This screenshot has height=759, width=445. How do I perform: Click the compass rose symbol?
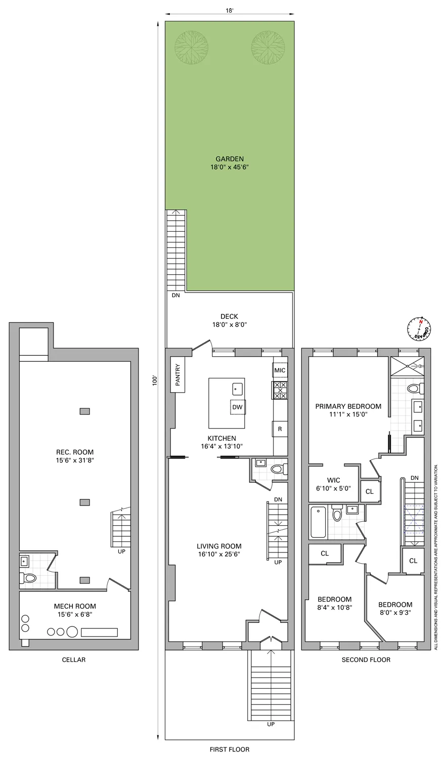(x=419, y=328)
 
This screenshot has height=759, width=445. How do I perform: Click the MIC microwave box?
(x=280, y=370)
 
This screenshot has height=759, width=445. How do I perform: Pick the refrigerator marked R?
(x=280, y=430)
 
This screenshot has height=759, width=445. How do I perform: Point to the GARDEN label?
(x=230, y=158)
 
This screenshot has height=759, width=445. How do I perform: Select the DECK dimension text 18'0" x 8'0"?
(x=230, y=325)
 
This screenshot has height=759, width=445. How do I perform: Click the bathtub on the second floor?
(x=318, y=522)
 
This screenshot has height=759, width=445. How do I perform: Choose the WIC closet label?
(x=334, y=480)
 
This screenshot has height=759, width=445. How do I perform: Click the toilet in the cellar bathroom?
(x=29, y=577)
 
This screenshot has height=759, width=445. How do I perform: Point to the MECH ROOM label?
(x=75, y=606)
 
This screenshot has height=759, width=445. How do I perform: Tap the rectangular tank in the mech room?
(x=99, y=632)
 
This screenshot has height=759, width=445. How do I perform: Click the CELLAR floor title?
(x=74, y=660)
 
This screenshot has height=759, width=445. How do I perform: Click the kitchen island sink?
(x=238, y=389)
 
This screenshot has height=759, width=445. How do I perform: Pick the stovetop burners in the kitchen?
(x=280, y=390)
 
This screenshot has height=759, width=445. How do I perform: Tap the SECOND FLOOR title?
(x=366, y=660)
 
